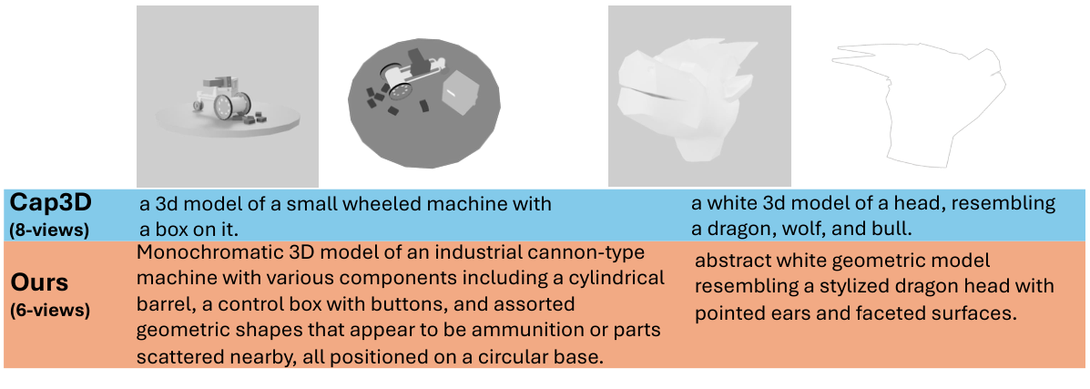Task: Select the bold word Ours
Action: point(40,282)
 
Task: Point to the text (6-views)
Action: point(50,311)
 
